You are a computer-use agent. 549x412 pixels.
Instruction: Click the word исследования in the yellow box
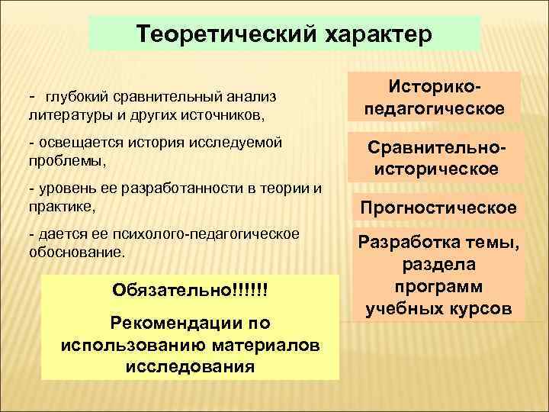click(x=190, y=365)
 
